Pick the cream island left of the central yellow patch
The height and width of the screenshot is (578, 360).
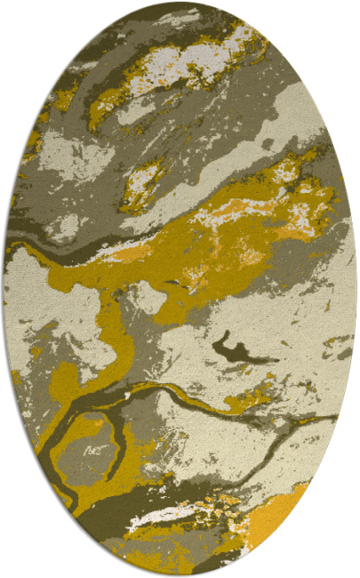pos(149,298)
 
